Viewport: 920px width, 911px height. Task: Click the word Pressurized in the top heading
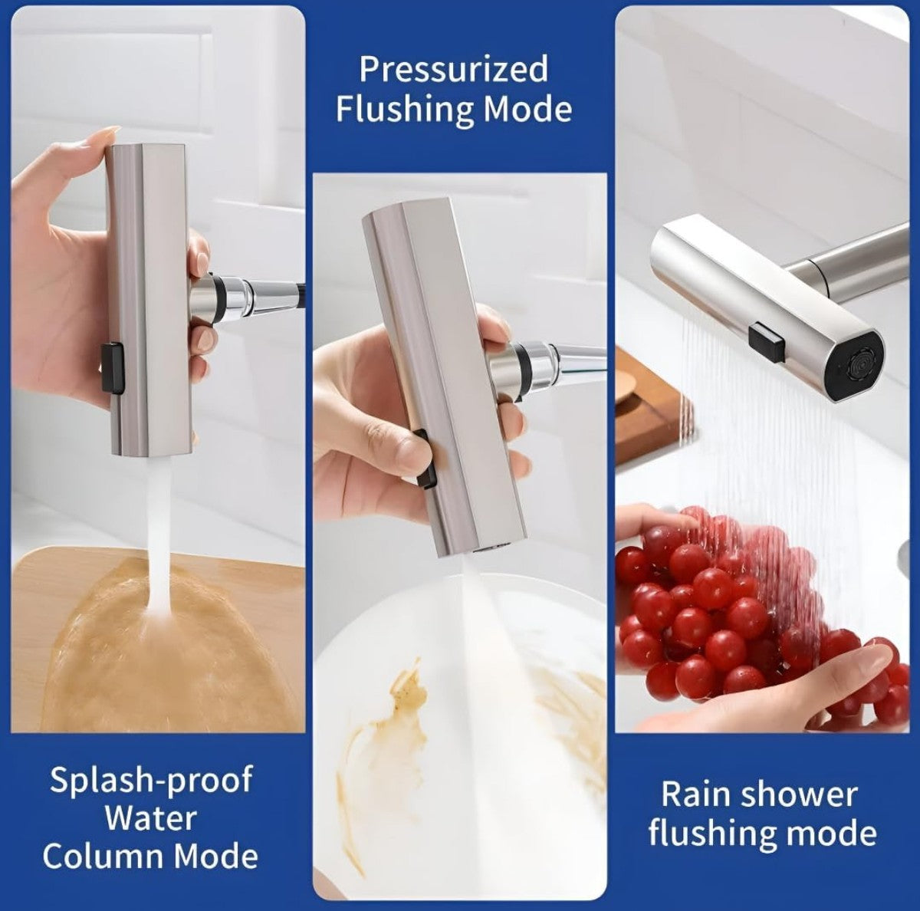pyautogui.click(x=454, y=70)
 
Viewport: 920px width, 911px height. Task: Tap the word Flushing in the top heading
pyautogui.click(x=404, y=110)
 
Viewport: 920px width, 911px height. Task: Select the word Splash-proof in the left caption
pyautogui.click(x=151, y=781)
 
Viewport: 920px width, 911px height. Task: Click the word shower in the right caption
pyautogui.click(x=800, y=794)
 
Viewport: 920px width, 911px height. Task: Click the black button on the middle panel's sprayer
pyautogui.click(x=426, y=457)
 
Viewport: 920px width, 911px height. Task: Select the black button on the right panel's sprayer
pyautogui.click(x=769, y=341)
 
